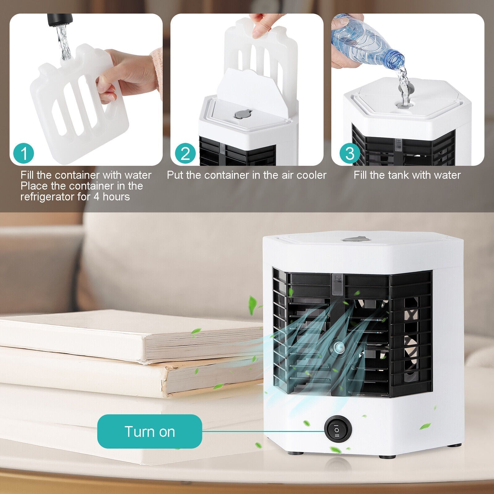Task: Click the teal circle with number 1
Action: (24, 153)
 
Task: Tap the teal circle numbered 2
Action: (185, 153)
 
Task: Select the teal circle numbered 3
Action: (350, 153)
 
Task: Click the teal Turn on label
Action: (150, 431)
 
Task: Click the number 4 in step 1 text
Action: (96, 197)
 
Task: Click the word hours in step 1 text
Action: (116, 197)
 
